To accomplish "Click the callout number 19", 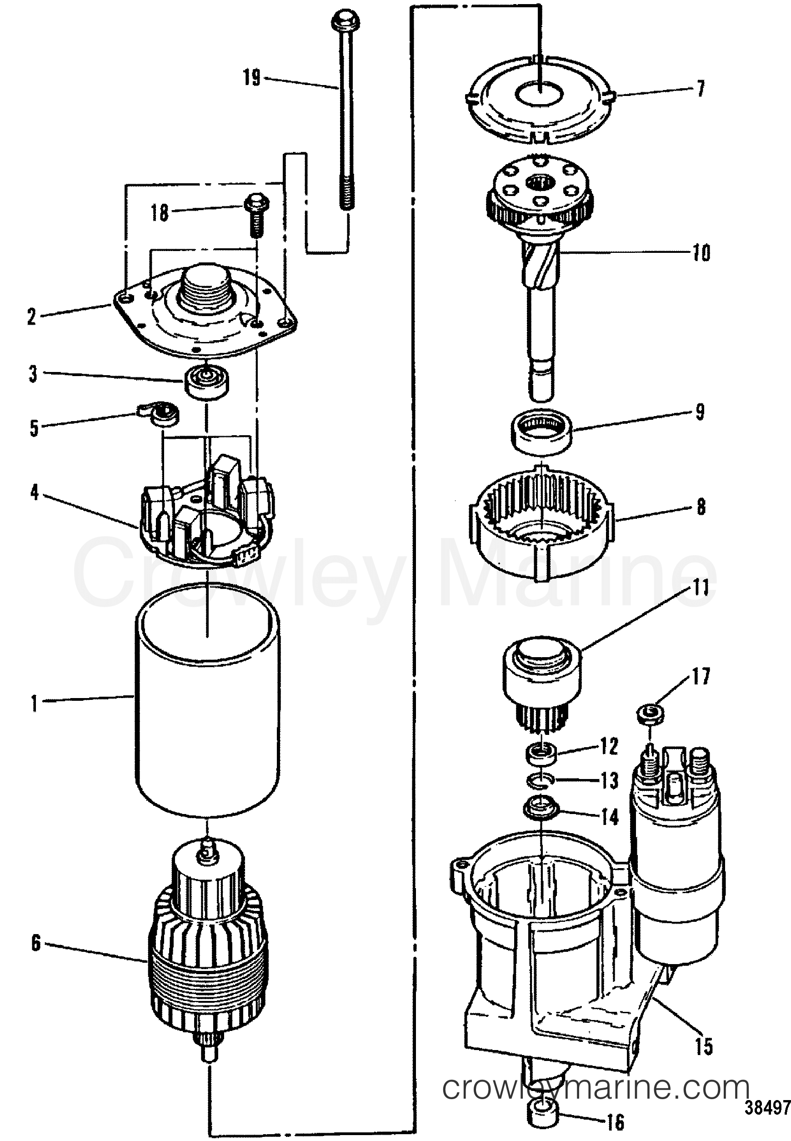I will (x=252, y=78).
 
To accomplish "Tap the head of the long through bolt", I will (x=345, y=21).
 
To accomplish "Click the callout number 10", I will (x=701, y=253).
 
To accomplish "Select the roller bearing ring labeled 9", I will (x=541, y=428).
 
